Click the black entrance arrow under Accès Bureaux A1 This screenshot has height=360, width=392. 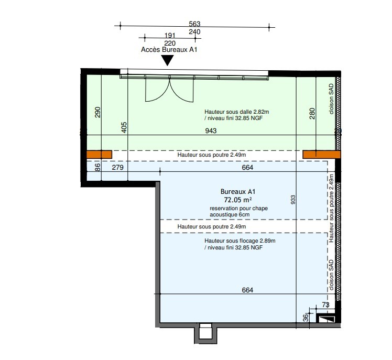pyautogui.click(x=167, y=60)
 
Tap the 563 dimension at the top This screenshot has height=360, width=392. pyautogui.click(x=194, y=24)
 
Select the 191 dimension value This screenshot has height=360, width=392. pyautogui.click(x=170, y=35)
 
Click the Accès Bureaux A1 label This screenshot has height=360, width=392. pyautogui.click(x=169, y=49)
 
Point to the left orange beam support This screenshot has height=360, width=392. pyautogui.click(x=99, y=155)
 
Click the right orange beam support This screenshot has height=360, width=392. pyautogui.click(x=321, y=155)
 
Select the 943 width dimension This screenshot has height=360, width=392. pyautogui.click(x=211, y=131)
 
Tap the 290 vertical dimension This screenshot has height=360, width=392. pyautogui.click(x=98, y=112)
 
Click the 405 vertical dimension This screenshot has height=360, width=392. pyautogui.click(x=124, y=127)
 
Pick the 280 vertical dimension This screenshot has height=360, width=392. pyautogui.click(x=312, y=113)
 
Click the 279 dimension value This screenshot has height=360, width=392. pyautogui.click(x=117, y=167)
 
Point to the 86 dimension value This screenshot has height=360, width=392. pyautogui.click(x=98, y=167)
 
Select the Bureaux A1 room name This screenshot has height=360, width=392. pyautogui.click(x=238, y=192)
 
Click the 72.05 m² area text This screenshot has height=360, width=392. pyautogui.click(x=238, y=200)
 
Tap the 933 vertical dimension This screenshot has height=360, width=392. pyautogui.click(x=293, y=200)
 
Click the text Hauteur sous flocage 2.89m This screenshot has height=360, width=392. pyautogui.click(x=239, y=241)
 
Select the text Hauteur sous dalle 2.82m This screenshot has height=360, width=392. pyautogui.click(x=236, y=112)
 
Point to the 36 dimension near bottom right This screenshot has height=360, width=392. pyautogui.click(x=306, y=318)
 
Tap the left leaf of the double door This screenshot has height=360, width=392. pyautogui.click(x=158, y=90)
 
